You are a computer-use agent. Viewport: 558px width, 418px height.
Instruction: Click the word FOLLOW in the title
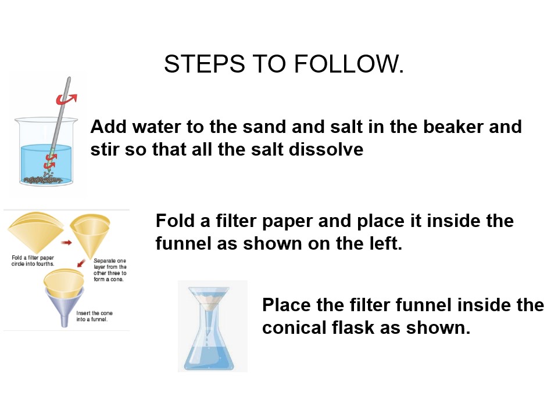pyautogui.click(x=348, y=64)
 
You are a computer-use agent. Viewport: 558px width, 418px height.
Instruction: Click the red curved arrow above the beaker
pyautogui.click(x=66, y=99)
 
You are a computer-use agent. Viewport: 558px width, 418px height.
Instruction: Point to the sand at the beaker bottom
pyautogui.click(x=42, y=179)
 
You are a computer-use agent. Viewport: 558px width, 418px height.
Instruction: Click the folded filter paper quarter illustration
pyautogui.click(x=35, y=231)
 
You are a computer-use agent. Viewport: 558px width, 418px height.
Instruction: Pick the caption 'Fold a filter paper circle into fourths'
pyautogui.click(x=33, y=261)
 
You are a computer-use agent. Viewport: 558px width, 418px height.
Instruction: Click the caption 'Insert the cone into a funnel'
pyautogui.click(x=94, y=316)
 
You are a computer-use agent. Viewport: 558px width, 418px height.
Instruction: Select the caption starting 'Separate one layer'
pyautogui.click(x=110, y=270)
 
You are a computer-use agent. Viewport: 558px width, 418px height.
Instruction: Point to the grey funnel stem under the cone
pyautogui.click(x=65, y=319)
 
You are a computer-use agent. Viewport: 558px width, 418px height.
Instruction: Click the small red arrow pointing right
pyautogui.click(x=66, y=243)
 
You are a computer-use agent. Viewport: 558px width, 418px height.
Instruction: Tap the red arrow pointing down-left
pyautogui.click(x=81, y=263)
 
